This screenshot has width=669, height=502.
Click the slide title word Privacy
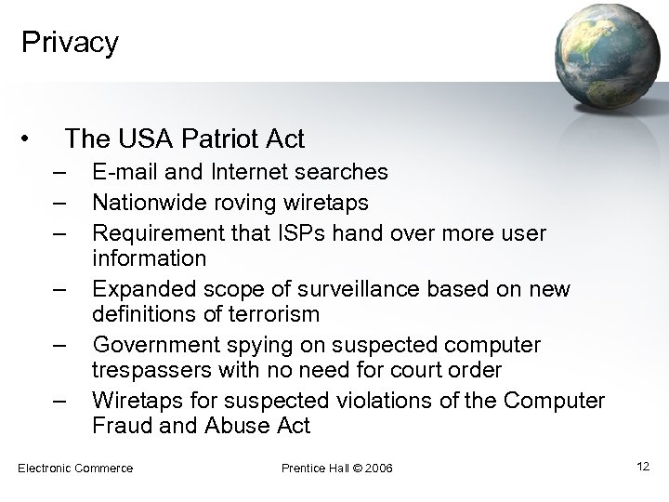[70, 43]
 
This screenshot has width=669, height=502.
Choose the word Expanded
[139, 288]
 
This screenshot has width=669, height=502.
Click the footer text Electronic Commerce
[75, 468]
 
